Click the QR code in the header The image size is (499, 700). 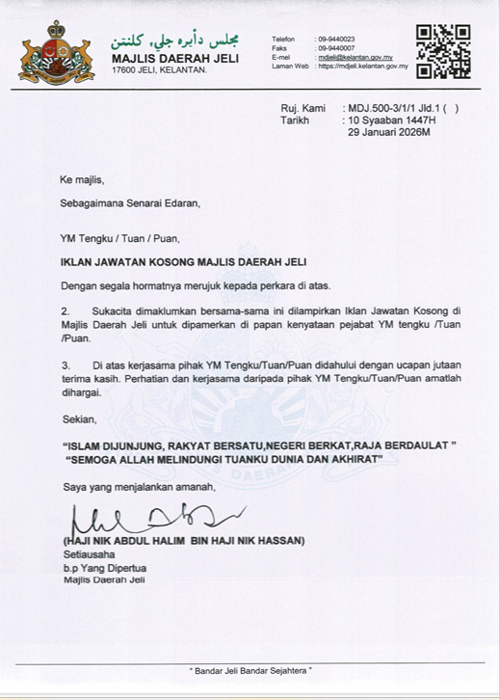[x=442, y=51]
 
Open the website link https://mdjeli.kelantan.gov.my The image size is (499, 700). [x=365, y=67]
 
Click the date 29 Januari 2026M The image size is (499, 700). [x=388, y=134]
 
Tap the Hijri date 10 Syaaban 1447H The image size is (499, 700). [x=391, y=121]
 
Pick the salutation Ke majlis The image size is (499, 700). [x=81, y=179]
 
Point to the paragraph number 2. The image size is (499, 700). [x=66, y=312]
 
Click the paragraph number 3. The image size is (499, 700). [x=66, y=365]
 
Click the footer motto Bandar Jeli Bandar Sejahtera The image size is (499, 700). [x=249, y=669]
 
